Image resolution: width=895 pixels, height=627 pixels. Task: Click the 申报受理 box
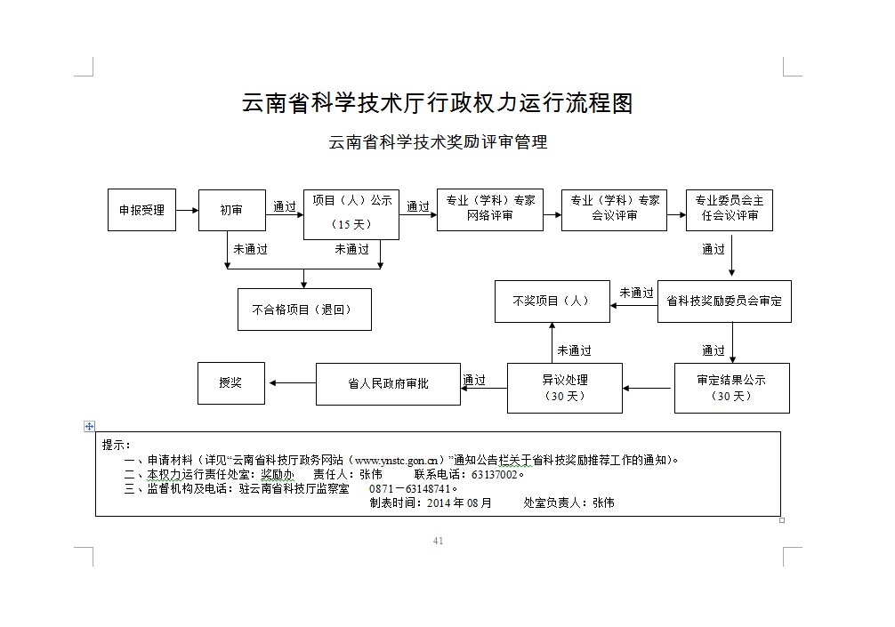coord(141,211)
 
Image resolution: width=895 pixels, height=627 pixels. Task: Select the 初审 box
coord(231,211)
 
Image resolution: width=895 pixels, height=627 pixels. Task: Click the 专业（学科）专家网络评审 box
coord(489,209)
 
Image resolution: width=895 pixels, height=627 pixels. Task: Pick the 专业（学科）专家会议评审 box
coord(614,209)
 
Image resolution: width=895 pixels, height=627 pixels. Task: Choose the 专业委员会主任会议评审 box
coord(729,209)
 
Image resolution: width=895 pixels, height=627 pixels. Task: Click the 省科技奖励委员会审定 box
coord(724,301)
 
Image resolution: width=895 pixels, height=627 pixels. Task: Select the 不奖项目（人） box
coord(552,301)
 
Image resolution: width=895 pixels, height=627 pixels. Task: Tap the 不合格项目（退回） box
coord(304,309)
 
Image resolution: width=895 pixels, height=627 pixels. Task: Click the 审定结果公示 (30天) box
coord(731,388)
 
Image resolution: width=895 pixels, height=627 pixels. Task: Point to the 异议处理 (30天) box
coord(565,388)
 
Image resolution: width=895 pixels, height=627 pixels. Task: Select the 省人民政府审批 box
coord(388,384)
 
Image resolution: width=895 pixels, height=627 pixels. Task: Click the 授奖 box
coord(231,383)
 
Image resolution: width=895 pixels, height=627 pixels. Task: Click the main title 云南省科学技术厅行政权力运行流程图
coord(437,103)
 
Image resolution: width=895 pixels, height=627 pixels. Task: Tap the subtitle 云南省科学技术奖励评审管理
coord(437,142)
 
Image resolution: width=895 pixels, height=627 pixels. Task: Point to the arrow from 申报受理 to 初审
coord(187,211)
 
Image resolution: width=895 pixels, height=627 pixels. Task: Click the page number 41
coord(438,541)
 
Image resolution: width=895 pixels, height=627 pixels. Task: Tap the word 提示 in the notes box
coord(115,445)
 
